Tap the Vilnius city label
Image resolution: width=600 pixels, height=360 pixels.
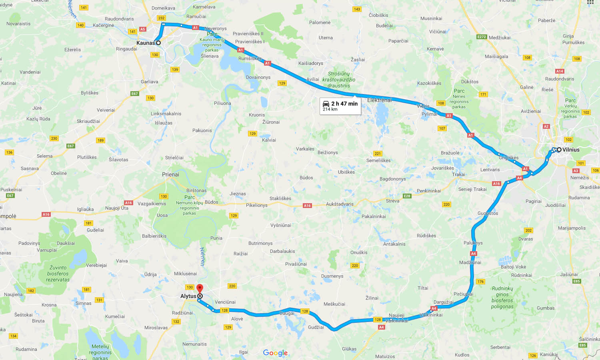[571, 150]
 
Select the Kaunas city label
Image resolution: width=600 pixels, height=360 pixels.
[145, 43]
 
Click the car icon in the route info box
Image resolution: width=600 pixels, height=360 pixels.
[326, 104]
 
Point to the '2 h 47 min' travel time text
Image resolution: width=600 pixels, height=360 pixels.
[344, 104]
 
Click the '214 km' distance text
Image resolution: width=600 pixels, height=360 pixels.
[330, 109]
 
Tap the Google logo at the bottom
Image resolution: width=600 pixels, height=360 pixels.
[275, 353]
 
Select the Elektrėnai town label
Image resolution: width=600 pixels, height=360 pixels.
[379, 100]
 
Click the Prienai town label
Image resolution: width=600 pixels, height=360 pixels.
[170, 174]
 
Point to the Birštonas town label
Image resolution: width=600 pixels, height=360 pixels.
[196, 190]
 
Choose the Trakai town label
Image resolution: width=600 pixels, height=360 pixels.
[458, 174]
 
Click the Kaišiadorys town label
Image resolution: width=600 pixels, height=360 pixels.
[310, 63]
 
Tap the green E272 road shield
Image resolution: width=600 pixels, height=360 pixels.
[482, 37]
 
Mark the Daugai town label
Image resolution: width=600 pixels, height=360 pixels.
[287, 313]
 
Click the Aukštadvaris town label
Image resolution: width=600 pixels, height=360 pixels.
[340, 204]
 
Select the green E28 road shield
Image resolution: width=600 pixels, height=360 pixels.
[407, 196]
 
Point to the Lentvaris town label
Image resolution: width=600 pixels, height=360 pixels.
[490, 170]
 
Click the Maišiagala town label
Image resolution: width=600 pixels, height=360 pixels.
[496, 56]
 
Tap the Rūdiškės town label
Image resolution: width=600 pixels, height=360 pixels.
[426, 236]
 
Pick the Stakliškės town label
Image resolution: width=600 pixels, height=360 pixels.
[280, 198]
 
